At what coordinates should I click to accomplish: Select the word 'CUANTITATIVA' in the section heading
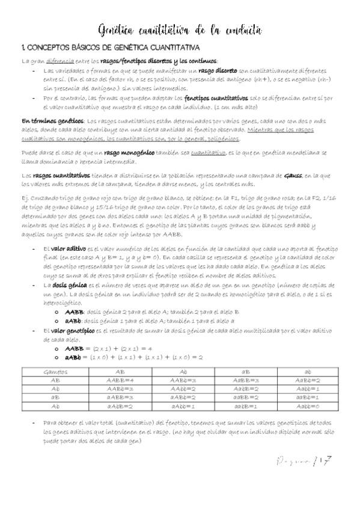[172, 47]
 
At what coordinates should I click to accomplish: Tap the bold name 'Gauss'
[293, 175]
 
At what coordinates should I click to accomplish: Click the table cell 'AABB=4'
[120, 380]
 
